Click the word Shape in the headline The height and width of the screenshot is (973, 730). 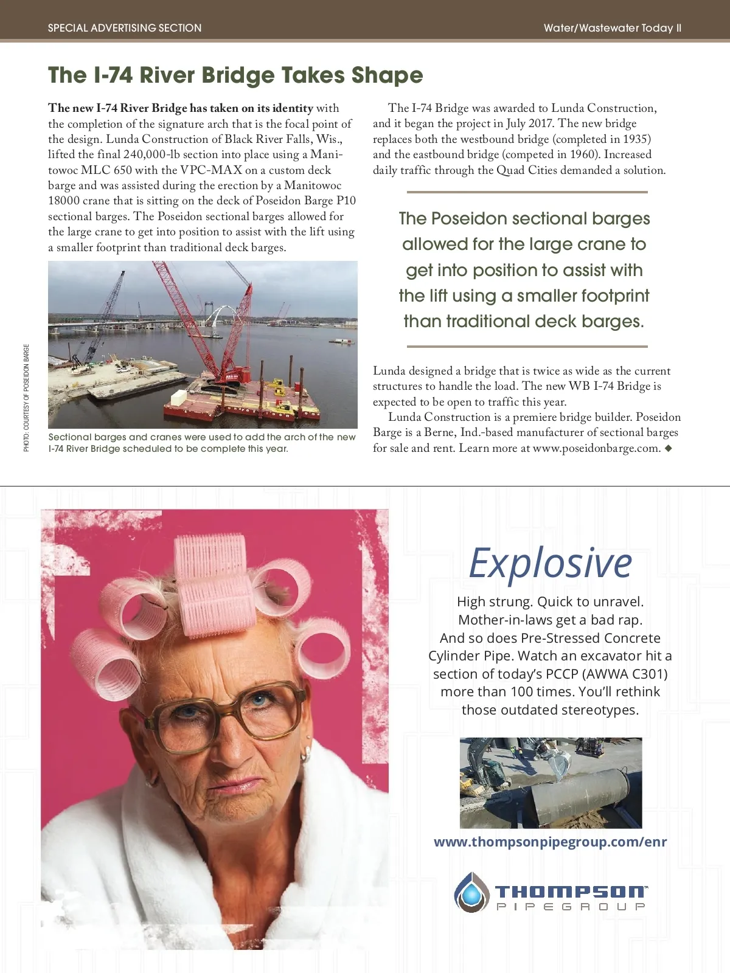pos(387,75)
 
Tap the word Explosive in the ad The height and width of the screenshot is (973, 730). pos(551,563)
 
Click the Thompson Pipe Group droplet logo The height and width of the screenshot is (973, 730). pos(471,892)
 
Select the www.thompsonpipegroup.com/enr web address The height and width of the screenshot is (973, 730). pos(550,842)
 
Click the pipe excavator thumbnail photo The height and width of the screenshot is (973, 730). pos(551,783)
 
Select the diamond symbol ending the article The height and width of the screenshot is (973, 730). pos(669,448)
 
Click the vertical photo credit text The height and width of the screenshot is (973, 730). pos(26,398)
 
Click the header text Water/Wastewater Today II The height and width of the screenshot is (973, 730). pos(612,28)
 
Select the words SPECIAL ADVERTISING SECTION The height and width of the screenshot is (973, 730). pos(125,28)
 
